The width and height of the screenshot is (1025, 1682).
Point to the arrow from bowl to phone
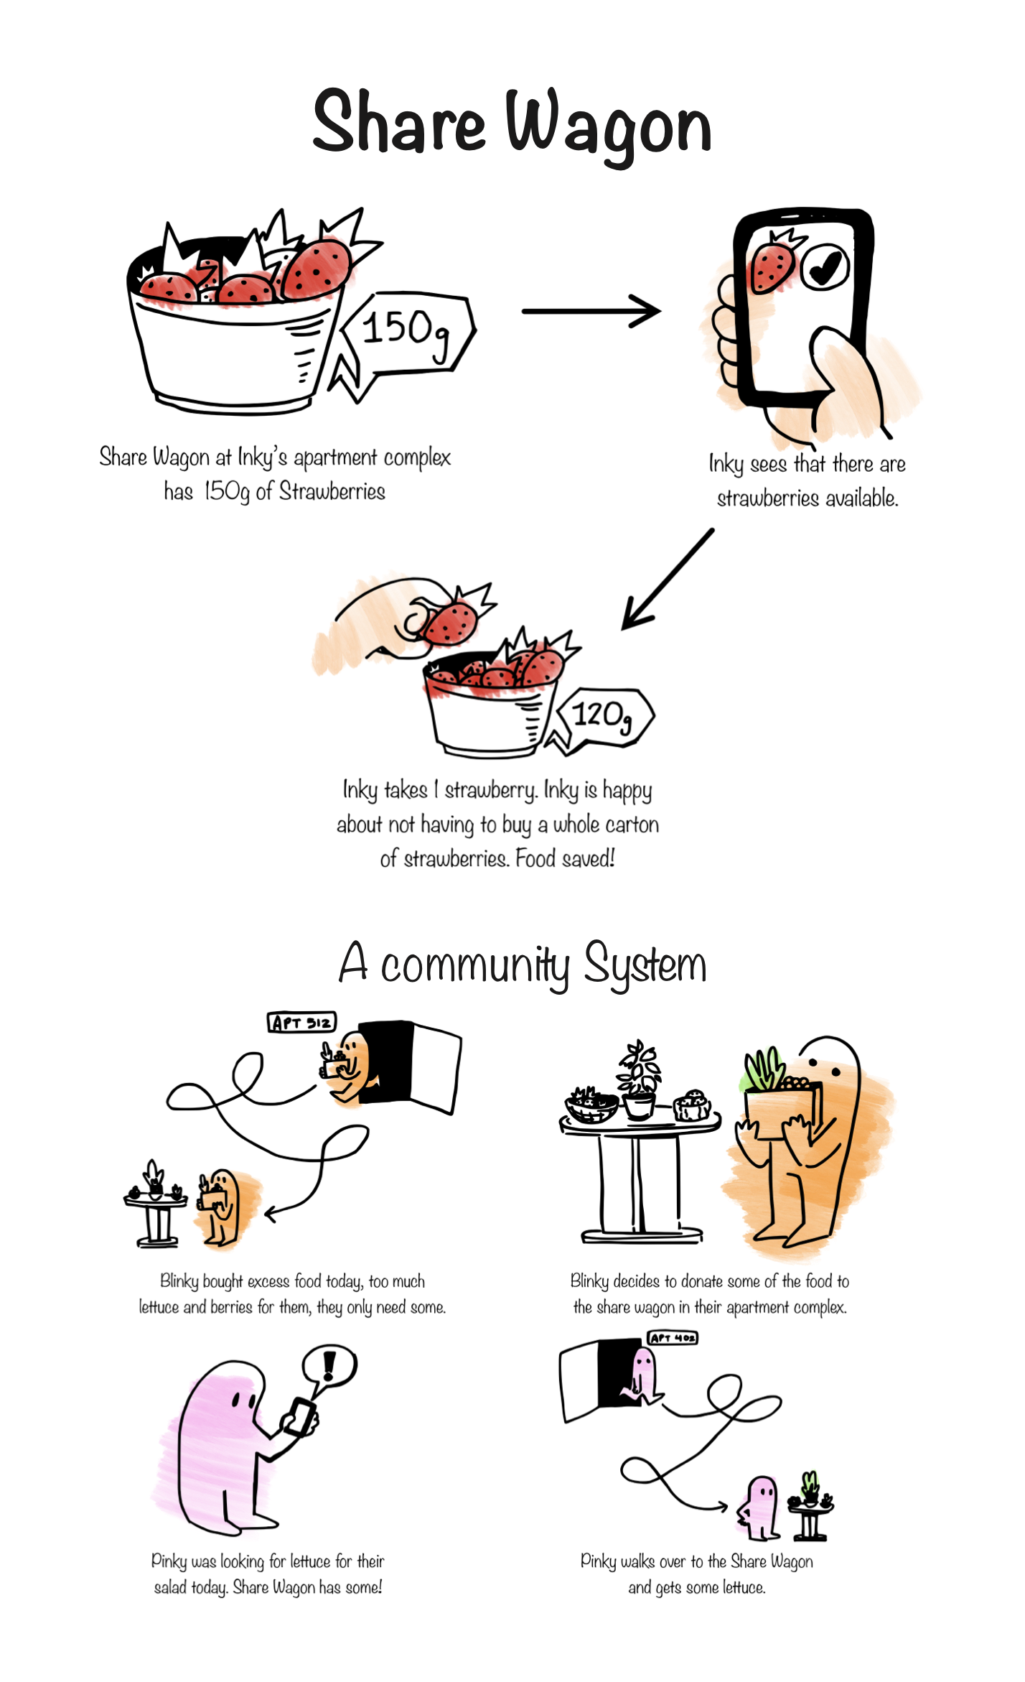coord(591,311)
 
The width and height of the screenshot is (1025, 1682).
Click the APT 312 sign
coord(302,1022)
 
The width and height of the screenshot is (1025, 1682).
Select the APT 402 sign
coord(673,1337)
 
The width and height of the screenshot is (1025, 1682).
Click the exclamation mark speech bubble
coord(329,1367)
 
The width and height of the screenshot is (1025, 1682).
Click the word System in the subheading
coord(645,965)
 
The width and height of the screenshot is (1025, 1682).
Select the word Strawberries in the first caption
coord(332,492)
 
